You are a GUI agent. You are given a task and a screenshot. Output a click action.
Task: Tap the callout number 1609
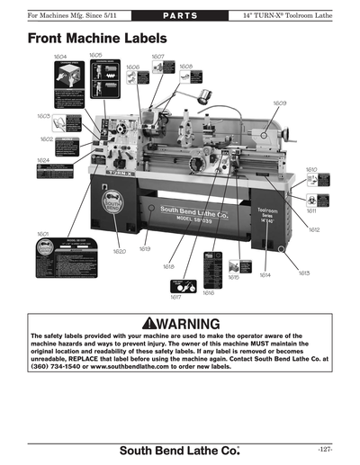point(280,103)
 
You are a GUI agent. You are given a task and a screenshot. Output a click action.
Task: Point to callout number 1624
point(43,159)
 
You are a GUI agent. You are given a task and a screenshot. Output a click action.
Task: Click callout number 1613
point(304,272)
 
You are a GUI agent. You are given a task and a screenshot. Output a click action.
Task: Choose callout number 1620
point(119,251)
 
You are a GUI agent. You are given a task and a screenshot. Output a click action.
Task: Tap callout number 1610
point(311,169)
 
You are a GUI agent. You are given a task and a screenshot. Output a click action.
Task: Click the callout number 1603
point(43,116)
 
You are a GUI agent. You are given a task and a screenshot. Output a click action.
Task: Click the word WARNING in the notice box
point(188,324)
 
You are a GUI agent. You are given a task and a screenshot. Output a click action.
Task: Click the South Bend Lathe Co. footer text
point(180,448)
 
